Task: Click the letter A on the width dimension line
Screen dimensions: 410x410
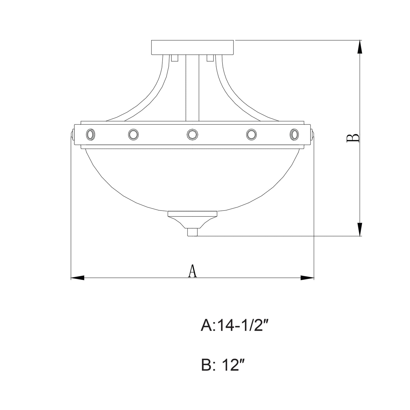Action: click(192, 271)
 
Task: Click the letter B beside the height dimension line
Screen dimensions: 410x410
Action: click(353, 138)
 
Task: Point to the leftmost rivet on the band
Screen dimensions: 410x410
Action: click(91, 134)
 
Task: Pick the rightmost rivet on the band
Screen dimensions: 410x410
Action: click(294, 134)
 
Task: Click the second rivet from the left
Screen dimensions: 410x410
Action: click(133, 134)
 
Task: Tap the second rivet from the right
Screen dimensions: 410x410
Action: click(251, 134)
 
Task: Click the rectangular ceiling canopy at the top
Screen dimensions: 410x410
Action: click(192, 47)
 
